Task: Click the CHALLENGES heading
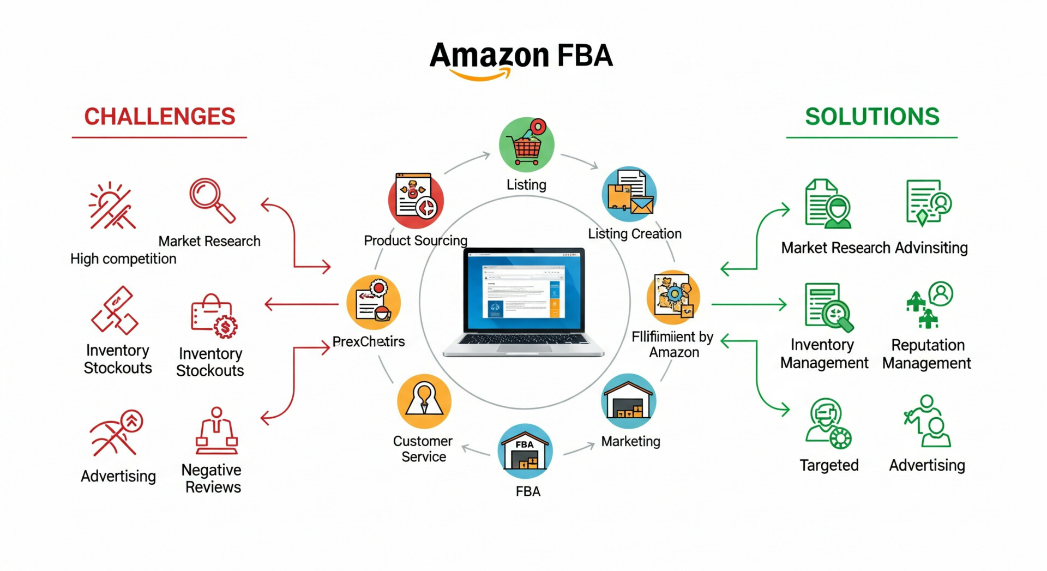coord(159,117)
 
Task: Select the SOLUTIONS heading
coord(872,117)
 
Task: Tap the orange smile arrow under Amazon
coord(480,75)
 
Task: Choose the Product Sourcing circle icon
coord(416,201)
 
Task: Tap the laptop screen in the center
coord(523,292)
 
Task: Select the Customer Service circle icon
coord(424,401)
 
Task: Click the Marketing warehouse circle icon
coord(629,401)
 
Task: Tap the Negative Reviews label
coord(212,478)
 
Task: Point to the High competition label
coord(123,259)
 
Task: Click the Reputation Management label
coord(927,354)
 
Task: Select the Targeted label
coord(829,465)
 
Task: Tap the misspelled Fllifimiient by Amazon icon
coord(673,298)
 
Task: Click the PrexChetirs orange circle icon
coord(374,303)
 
